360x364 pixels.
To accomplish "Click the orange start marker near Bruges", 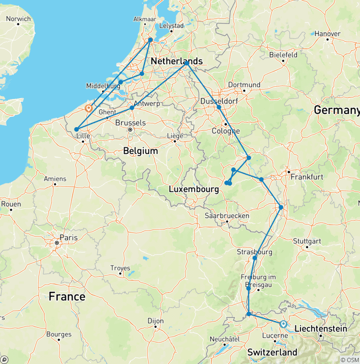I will [88, 108].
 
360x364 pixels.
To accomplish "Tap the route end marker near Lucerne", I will [283, 324].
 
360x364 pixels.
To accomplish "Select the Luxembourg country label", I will [194, 190].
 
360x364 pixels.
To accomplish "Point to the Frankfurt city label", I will [307, 177].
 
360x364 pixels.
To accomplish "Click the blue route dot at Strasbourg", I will [255, 258].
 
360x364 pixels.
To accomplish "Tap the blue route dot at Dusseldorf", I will [219, 107].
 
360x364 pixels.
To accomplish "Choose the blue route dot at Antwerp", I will [132, 108].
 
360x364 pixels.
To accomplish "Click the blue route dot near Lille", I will [76, 129].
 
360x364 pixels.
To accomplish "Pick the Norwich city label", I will [18, 19].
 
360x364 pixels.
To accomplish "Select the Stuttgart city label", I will [308, 241].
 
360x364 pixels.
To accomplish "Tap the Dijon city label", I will [156, 321].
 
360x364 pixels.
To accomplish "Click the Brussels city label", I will [130, 123].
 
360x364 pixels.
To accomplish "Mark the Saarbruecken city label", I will [226, 216].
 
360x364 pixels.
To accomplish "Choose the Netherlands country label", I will [176, 61].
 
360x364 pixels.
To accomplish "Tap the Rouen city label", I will [11, 204].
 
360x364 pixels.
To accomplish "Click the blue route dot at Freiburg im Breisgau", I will [248, 288].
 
